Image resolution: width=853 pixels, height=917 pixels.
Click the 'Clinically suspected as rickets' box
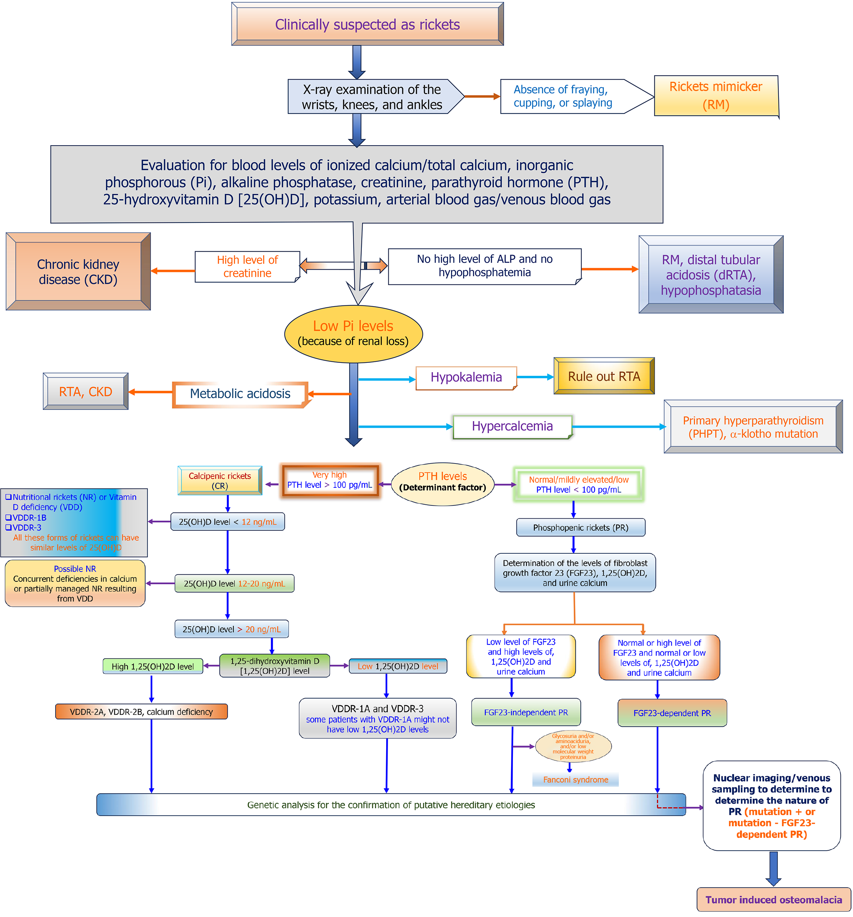point(367,24)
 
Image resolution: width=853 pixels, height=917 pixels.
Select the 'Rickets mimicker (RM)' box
point(716,96)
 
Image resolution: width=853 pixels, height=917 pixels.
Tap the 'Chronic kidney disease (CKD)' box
point(78,271)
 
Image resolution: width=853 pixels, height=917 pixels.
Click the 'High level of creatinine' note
point(247,266)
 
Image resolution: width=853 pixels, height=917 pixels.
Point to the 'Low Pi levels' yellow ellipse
point(353,333)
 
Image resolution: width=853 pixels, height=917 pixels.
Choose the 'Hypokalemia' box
point(466,378)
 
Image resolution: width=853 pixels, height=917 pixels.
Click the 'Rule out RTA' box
point(604,376)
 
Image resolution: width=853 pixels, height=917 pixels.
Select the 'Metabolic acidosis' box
point(240,394)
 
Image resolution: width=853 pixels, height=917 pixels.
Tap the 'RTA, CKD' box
point(85,392)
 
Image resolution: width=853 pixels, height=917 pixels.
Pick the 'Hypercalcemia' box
point(512,427)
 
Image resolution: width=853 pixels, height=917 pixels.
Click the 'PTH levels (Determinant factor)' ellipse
point(443,484)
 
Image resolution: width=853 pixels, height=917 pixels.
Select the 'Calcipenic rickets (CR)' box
point(220,481)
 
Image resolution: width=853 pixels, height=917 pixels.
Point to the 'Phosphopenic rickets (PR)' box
point(580,528)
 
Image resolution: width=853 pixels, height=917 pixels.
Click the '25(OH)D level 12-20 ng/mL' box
point(234,584)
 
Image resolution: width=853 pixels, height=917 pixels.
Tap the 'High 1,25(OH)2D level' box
point(153,666)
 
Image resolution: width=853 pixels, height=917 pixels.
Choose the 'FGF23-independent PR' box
point(526,712)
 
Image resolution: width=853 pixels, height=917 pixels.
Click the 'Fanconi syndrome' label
point(575,780)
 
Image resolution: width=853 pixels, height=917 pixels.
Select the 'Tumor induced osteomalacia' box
point(774,899)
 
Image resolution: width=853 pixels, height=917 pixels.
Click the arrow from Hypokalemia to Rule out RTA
point(535,377)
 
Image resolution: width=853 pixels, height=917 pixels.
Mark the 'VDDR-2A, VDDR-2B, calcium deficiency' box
point(141,712)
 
